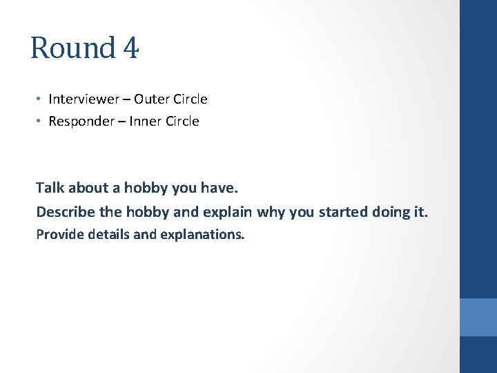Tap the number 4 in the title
[x=131, y=48]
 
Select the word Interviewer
[x=83, y=99]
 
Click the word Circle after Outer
[x=189, y=99]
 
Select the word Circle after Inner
[x=180, y=121]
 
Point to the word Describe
[x=64, y=211]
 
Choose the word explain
[x=229, y=211]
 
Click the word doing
[x=393, y=211]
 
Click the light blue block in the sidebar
[x=478, y=317]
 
